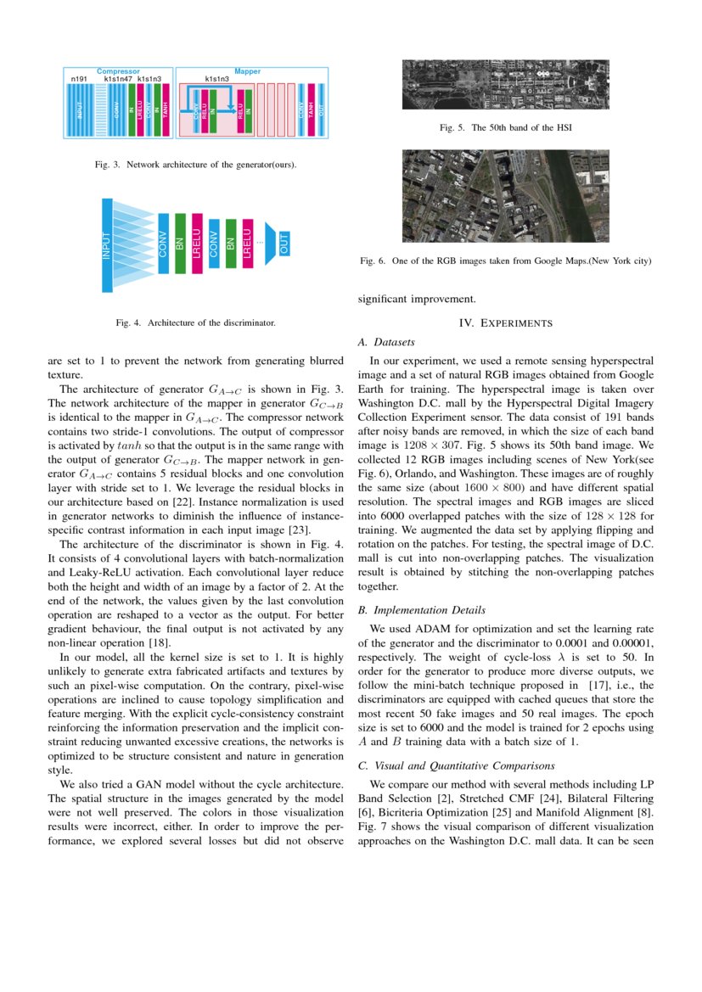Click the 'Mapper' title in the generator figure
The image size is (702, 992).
pos(247,72)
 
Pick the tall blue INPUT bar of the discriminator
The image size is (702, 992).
pos(107,245)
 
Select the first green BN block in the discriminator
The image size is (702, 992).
pos(180,244)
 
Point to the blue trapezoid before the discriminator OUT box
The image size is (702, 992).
pos(272,241)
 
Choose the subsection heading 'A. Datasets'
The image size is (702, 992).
pos(386,343)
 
